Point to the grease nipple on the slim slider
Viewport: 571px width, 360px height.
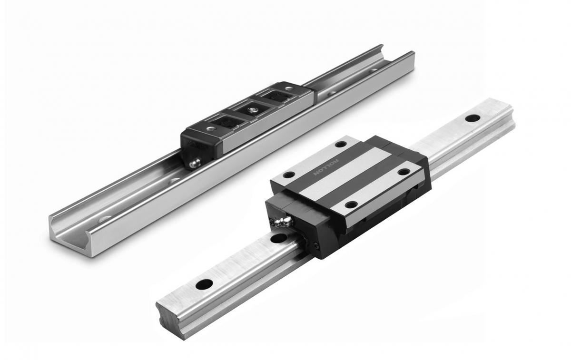[195, 163]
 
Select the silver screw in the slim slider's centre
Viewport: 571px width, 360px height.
[252, 109]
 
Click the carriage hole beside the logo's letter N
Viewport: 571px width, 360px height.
[289, 175]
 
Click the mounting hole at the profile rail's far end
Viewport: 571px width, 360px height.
[473, 118]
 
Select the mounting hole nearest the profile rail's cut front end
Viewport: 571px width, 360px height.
[204, 284]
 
